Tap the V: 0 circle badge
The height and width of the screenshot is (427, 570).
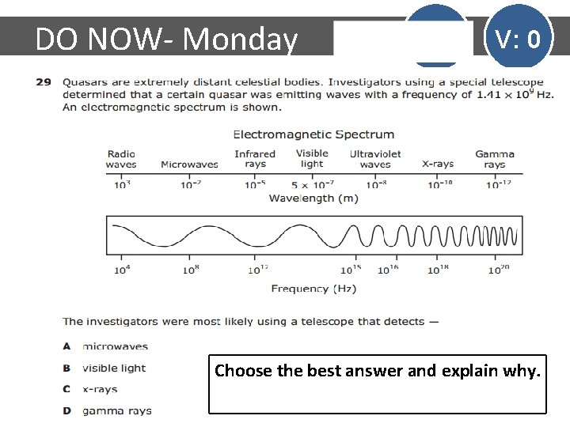(x=518, y=38)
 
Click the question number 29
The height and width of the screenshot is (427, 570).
(x=44, y=81)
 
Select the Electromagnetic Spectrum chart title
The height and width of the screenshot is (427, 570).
(x=313, y=134)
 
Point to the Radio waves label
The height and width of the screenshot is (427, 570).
(x=121, y=159)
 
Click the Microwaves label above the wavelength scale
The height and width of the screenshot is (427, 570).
(x=189, y=164)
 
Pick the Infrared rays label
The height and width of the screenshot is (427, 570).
(x=255, y=159)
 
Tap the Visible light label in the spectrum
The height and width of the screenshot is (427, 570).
(x=312, y=159)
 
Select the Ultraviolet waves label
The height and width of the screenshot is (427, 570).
(x=375, y=159)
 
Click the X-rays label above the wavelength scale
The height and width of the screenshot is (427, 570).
(x=438, y=164)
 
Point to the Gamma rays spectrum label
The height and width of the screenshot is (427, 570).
(x=495, y=159)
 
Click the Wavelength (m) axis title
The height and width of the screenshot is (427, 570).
(x=313, y=198)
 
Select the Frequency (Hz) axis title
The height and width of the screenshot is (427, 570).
(x=313, y=289)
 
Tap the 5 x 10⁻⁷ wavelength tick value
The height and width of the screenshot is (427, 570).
(x=312, y=184)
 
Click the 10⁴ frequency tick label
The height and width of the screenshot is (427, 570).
(x=122, y=270)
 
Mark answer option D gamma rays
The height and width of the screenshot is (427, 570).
(x=108, y=410)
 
